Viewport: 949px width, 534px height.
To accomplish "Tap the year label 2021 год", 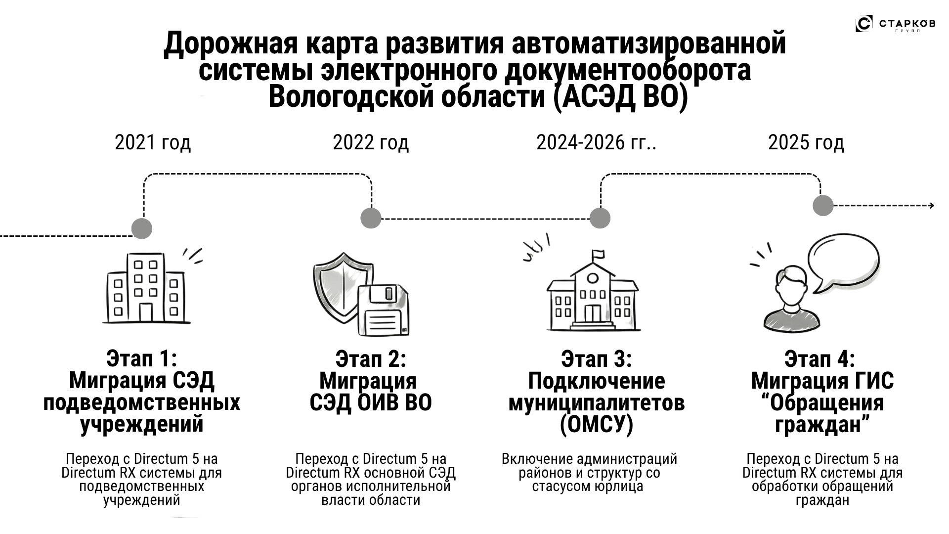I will tap(152, 143).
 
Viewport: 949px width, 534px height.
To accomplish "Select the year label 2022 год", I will tap(371, 143).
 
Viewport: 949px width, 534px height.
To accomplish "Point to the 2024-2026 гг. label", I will tap(596, 143).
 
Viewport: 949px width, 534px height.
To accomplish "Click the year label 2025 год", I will tap(806, 143).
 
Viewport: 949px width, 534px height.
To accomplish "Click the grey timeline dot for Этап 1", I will tap(142, 228).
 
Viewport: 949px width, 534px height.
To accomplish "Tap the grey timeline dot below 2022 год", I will tap(371, 218).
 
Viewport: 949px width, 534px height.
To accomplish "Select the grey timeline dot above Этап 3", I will tap(600, 218).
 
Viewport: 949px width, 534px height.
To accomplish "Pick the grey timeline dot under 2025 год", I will tap(823, 205).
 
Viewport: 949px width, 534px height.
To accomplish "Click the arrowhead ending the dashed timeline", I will tap(931, 206).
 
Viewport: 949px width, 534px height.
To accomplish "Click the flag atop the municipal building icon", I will tap(598, 255).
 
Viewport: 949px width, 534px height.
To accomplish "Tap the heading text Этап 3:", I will tap(596, 359).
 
